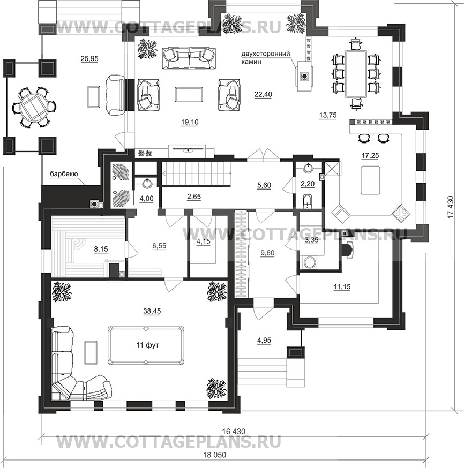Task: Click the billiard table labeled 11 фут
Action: coord(146,345)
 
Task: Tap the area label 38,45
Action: coord(152,311)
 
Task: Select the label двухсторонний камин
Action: coord(266,58)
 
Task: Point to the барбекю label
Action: coord(64,174)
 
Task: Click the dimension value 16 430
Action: coord(234,432)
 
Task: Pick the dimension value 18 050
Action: coord(215,455)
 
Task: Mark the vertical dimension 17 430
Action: coord(451,207)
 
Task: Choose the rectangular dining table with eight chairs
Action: coord(356,74)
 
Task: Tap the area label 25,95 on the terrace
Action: coord(89,59)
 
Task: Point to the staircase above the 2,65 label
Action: coord(196,173)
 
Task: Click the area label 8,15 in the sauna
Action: coord(101,249)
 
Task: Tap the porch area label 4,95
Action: coord(264,341)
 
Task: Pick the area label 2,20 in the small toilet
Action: coord(308,184)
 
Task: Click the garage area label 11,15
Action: coord(342,287)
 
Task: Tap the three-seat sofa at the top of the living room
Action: coord(189,58)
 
